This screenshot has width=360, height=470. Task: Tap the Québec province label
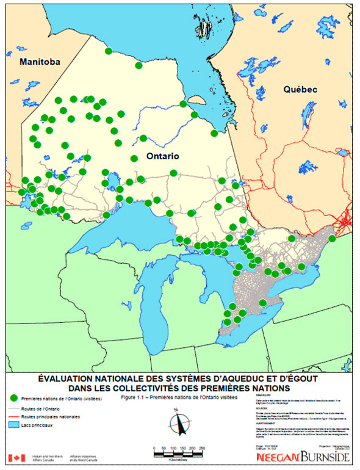[300, 89]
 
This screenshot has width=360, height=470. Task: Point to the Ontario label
[162, 156]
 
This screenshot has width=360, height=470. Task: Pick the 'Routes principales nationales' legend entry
[50, 417]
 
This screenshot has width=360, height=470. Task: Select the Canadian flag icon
[13, 458]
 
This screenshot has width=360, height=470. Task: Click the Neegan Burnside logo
[304, 457]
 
